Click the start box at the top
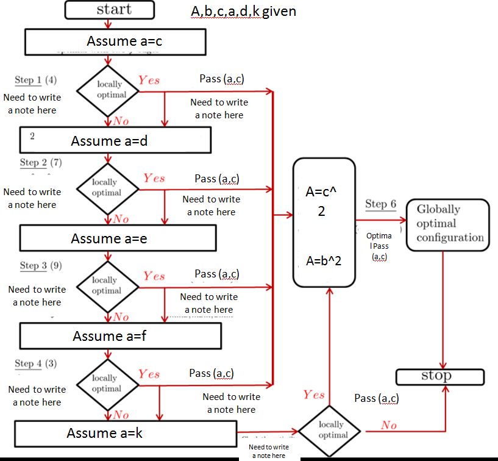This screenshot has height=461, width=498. coord(110,10)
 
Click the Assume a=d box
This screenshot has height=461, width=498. coord(115,140)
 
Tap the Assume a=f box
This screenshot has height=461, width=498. coord(119,335)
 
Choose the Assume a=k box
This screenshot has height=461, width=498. coord(124,433)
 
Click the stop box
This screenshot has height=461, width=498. coord(439,376)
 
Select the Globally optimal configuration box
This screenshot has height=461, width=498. coord(448,224)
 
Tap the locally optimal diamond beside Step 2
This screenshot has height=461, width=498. coord(107,188)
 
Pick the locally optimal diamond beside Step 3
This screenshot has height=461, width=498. coord(107,286)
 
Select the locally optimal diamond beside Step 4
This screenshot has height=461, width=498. coord(107,384)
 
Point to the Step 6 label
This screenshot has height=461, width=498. coord(380,204)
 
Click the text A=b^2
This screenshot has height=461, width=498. coord(323,261)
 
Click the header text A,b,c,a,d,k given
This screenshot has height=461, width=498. coord(244,11)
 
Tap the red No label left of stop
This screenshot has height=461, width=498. coord(389,425)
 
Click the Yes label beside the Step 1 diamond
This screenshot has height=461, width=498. coord(149,80)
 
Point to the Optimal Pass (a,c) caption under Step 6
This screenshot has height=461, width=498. coord(379,246)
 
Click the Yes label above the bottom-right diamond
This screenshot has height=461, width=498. coord(314,395)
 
